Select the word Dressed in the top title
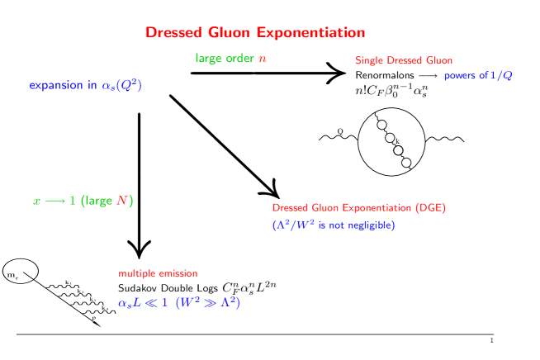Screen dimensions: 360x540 174,33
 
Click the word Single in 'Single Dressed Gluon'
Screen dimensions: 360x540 368,60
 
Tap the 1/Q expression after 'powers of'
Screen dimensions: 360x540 502,75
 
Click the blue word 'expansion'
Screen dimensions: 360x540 56,85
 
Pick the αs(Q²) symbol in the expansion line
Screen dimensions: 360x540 122,85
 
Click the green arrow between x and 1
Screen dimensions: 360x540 55,201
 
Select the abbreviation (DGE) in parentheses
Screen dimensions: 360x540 430,207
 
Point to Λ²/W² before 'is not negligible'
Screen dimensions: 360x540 292,225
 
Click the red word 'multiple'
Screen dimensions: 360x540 135,273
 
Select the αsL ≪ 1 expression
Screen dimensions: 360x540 143,303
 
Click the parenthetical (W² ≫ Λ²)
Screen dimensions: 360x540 208,302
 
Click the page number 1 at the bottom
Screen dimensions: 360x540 491,340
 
